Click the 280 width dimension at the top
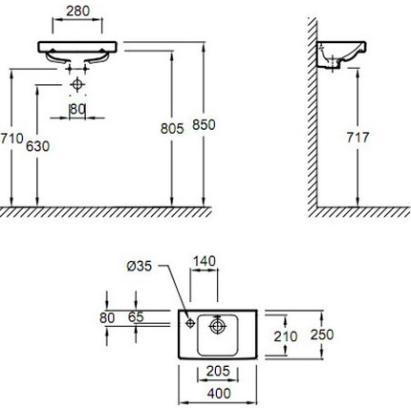point(79,12)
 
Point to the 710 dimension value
point(11,140)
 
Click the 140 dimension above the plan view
point(205,260)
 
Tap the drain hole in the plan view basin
point(218,327)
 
